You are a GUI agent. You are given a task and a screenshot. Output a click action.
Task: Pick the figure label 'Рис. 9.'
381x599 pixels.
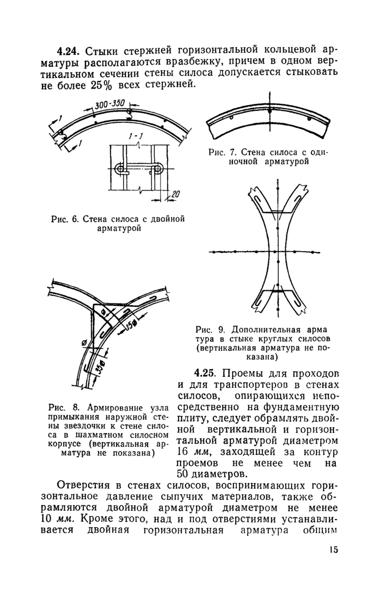pyautogui.click(x=210, y=330)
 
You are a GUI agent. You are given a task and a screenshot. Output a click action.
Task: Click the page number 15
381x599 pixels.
pyautogui.click(x=334, y=549)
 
